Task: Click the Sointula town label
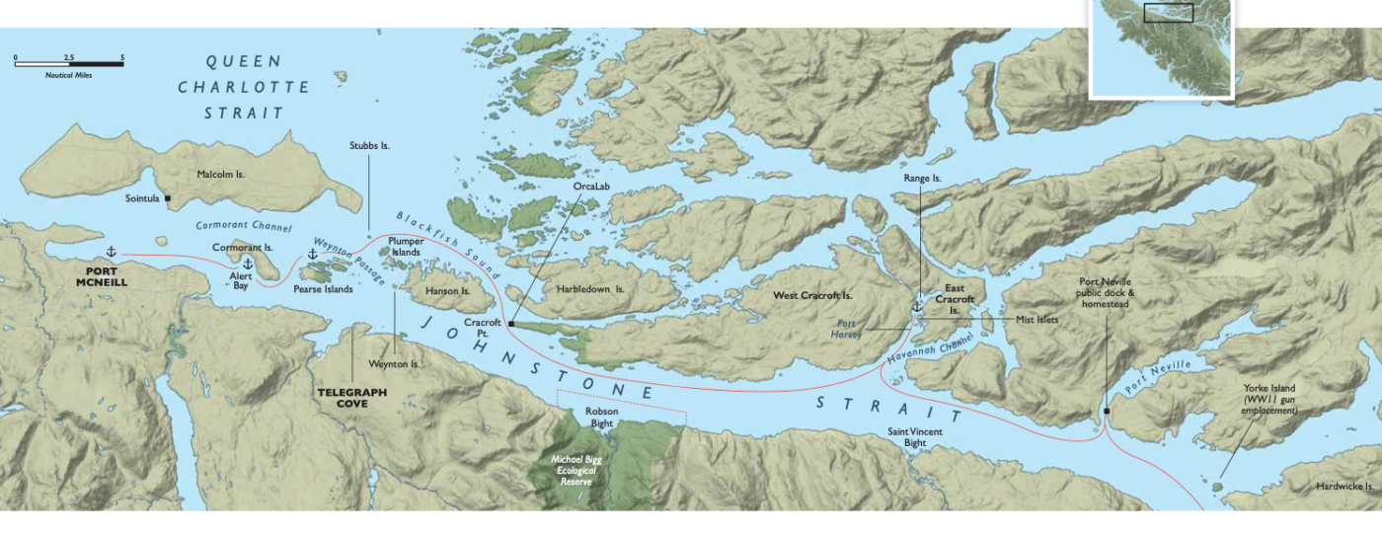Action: [x=142, y=198]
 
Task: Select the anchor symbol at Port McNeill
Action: [x=111, y=253]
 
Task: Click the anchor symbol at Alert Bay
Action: [x=248, y=264]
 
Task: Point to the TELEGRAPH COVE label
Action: [x=351, y=397]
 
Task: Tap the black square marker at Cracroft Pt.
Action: [x=511, y=323]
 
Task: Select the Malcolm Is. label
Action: [x=220, y=174]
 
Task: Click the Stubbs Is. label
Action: [x=369, y=145]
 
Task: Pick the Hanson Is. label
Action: [x=447, y=291]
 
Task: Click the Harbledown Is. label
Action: [x=592, y=290]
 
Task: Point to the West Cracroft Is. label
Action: [x=812, y=295]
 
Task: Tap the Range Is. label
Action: [x=923, y=178]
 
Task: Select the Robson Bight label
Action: [x=601, y=417]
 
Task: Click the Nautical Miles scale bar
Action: [x=69, y=63]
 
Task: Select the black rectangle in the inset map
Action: [x=1168, y=12]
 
